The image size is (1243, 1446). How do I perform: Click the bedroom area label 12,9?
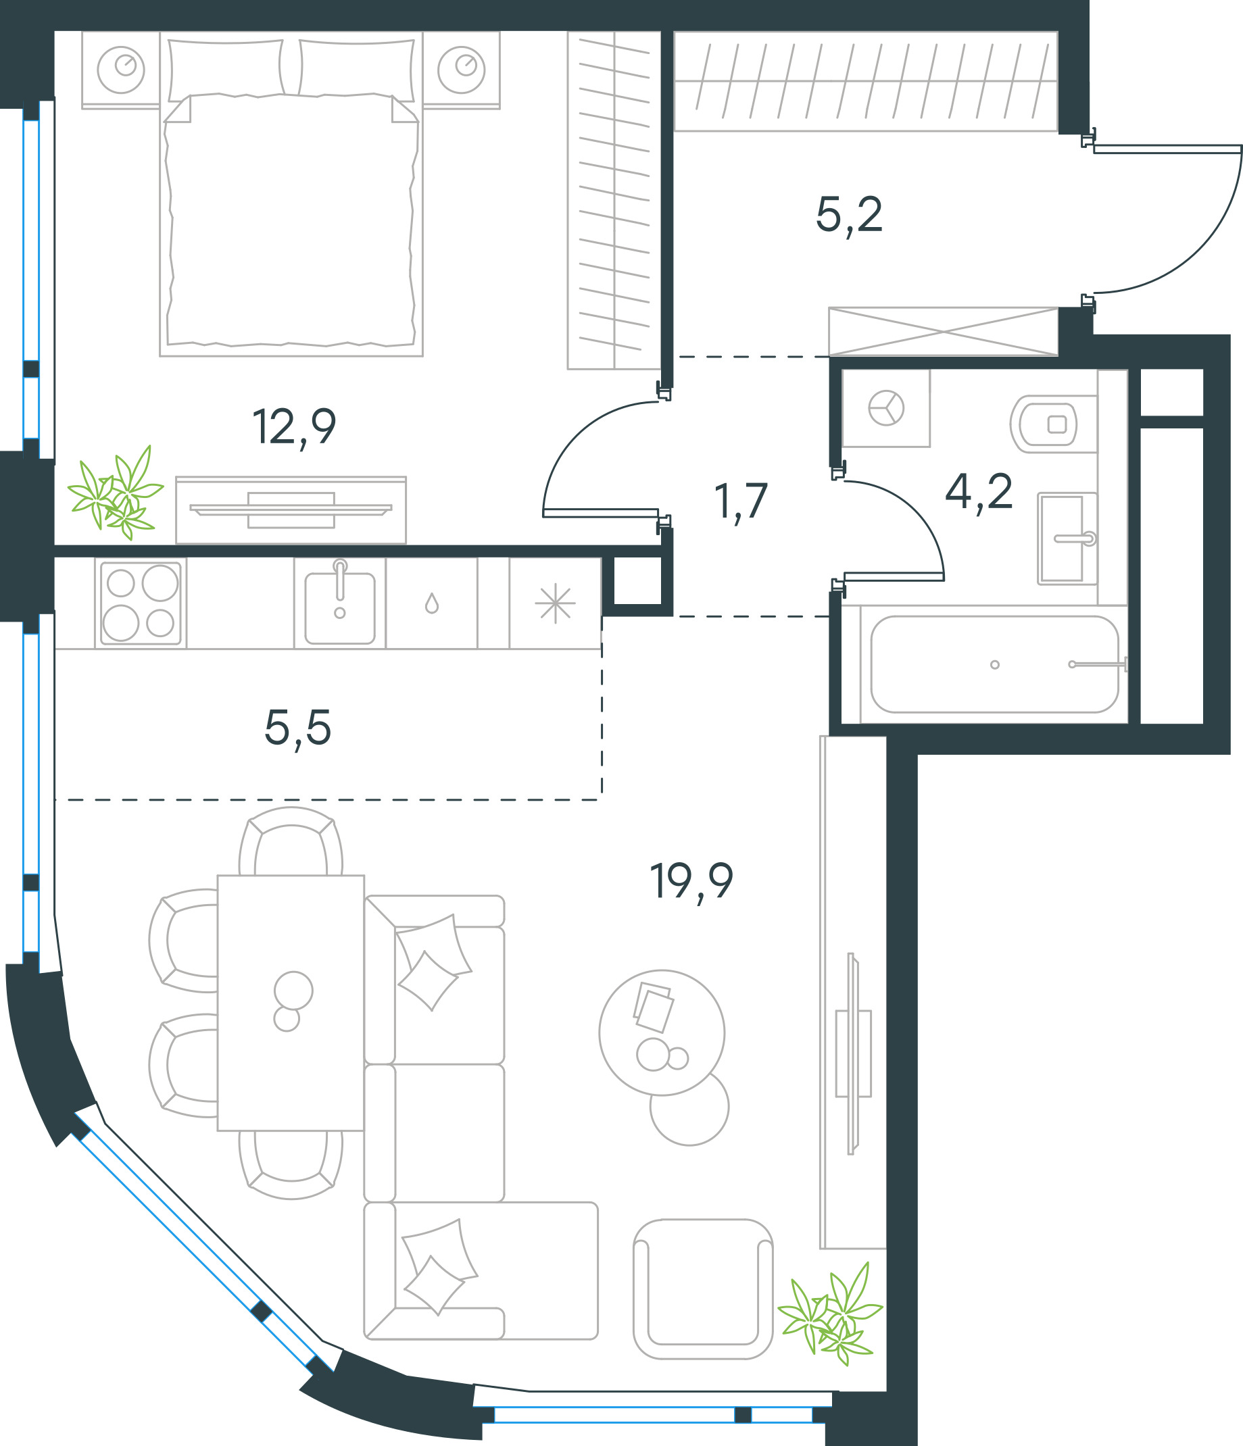[x=294, y=428]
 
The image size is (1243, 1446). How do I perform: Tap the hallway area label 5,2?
[x=849, y=216]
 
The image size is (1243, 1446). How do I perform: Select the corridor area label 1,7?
[x=741, y=502]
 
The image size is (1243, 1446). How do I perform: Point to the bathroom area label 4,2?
[x=979, y=492]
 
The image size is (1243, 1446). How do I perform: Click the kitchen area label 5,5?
[x=297, y=728]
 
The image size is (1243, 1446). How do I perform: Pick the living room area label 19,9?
[x=691, y=882]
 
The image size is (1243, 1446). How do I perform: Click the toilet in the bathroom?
[x=1052, y=424]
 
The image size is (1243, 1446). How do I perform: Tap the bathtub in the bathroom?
[x=994, y=664]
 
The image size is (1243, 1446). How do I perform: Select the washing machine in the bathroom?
[x=885, y=408]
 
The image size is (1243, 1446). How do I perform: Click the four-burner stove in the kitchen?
[x=141, y=603]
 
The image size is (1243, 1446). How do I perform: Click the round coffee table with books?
[x=662, y=1032]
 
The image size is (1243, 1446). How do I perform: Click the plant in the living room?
[x=831, y=1314]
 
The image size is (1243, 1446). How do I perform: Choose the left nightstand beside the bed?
[x=121, y=70]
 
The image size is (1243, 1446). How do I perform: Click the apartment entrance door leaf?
[x=1167, y=149]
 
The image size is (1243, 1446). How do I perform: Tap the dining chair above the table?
[x=291, y=841]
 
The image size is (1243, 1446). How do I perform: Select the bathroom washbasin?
[x=1067, y=538]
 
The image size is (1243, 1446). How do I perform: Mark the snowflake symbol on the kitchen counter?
[x=556, y=603]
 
